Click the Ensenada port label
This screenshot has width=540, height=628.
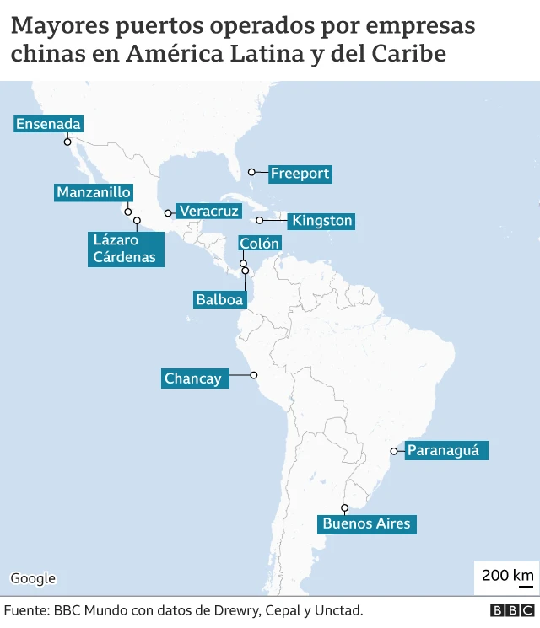point(48,124)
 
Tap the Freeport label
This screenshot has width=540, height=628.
point(300,174)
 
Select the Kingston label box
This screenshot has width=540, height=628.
point(321,221)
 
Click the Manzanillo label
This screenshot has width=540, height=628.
point(94,192)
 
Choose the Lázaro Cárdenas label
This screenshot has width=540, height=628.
point(124,249)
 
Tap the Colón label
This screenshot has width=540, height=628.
point(259,243)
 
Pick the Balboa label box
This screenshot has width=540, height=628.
point(219,298)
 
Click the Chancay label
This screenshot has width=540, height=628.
point(193,378)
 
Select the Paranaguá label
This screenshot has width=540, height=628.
point(443,450)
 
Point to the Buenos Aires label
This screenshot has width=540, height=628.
point(366,523)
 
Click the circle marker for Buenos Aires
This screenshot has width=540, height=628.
point(345,507)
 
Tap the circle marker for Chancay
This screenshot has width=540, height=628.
point(253,376)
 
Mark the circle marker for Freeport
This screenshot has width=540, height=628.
point(251,172)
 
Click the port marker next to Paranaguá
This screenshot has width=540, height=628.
point(393,452)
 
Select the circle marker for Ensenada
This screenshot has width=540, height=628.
point(67,142)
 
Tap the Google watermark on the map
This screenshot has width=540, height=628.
point(33,578)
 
